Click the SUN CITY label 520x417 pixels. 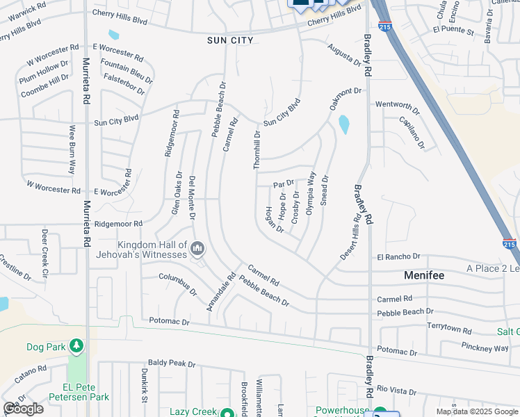pyautogui.click(x=230, y=40)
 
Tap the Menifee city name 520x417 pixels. pyautogui.click(x=424, y=275)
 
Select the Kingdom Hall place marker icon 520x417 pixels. pyautogui.click(x=197, y=248)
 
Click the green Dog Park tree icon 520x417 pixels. pyautogui.click(x=76, y=345)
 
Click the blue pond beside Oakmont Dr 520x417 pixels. pyautogui.click(x=343, y=125)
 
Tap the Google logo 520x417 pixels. pyautogui.click(x=23, y=409)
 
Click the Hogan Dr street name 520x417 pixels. pyautogui.click(x=270, y=220)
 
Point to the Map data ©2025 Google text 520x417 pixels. pyautogui.click(x=477, y=411)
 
